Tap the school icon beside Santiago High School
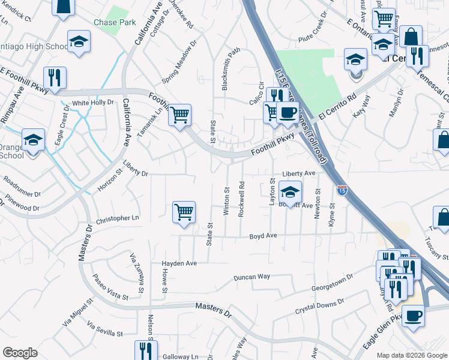(x=78, y=42)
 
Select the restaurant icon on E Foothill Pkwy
(x=55, y=78)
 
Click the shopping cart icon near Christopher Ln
(x=184, y=212)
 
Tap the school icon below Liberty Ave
(x=291, y=193)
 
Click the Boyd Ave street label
(x=263, y=236)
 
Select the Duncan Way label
(x=252, y=277)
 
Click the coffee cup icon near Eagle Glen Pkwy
(x=413, y=314)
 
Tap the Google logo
(x=20, y=353)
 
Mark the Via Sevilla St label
(x=104, y=330)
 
